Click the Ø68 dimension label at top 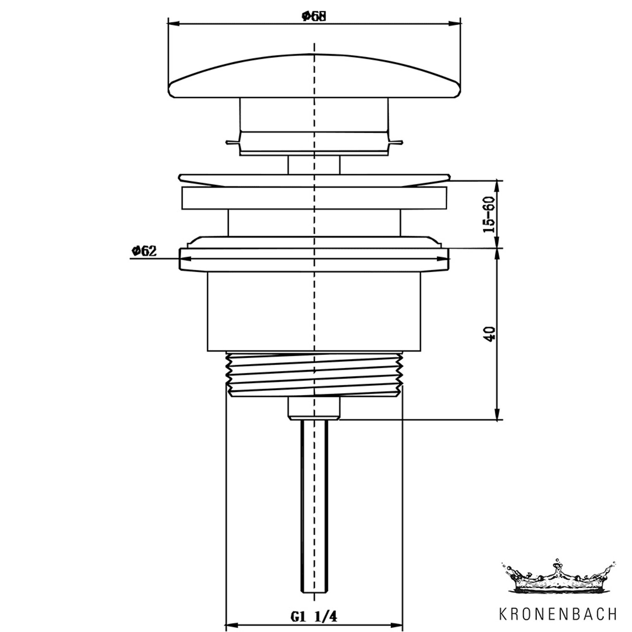[x=314, y=16]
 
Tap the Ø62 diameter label [x=144, y=251]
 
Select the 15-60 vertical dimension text [x=490, y=214]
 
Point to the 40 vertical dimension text [x=490, y=334]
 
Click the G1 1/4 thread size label [x=314, y=617]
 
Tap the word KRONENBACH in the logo [x=558, y=614]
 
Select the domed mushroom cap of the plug [x=314, y=76]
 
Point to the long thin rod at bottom [x=314, y=506]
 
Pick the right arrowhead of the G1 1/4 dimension [x=396, y=625]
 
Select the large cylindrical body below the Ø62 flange [x=314, y=311]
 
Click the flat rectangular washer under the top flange [x=314, y=198]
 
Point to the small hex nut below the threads [x=314, y=408]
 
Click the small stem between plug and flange [x=314, y=164]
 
